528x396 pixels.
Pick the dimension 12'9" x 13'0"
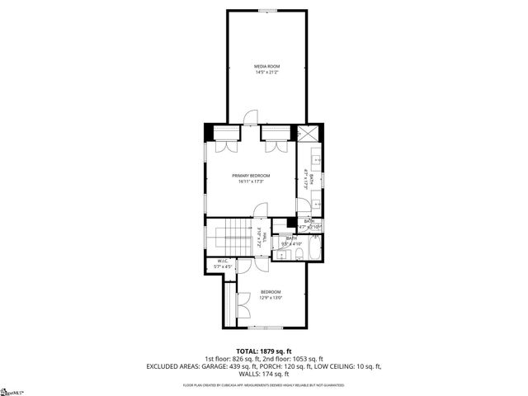(x=271, y=298)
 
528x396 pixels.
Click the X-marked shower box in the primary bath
(x=308, y=134)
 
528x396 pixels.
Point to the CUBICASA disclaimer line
(x=264, y=384)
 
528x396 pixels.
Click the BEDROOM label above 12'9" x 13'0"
(x=271, y=292)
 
